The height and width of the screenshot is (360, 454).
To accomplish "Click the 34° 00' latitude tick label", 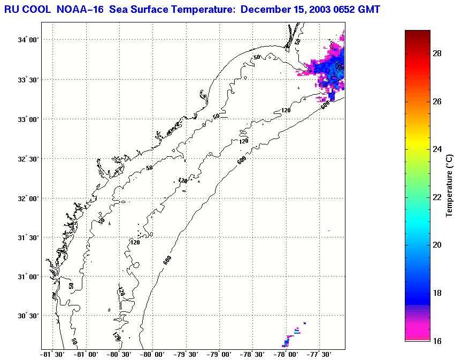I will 27,40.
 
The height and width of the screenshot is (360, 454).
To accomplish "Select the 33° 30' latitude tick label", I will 27,80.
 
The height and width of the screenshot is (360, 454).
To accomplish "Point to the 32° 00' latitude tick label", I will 27,198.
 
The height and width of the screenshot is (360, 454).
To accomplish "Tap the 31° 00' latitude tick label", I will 27,277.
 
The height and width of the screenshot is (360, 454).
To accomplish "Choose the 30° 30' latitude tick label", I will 27,316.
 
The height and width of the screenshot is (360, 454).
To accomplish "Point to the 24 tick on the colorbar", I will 436,149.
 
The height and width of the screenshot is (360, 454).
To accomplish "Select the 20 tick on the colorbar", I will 436,245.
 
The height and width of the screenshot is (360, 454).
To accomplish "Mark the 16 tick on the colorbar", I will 436,340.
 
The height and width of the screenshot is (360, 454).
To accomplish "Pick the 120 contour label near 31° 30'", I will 134,242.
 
